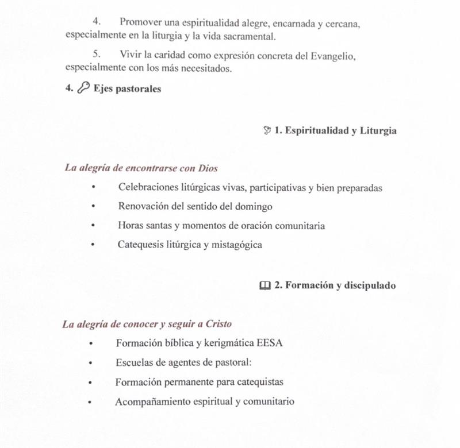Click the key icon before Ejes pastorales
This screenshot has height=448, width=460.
(x=83, y=90)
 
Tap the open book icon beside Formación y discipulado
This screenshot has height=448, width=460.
(x=264, y=285)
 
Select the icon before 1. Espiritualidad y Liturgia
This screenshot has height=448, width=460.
(x=267, y=131)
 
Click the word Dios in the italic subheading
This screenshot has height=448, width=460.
(x=208, y=168)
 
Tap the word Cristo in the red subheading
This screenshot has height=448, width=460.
(x=218, y=324)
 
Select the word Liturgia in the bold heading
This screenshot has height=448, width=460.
(x=378, y=131)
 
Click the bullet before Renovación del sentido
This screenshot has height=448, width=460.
(x=92, y=207)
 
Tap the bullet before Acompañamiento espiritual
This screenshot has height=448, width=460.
(x=90, y=402)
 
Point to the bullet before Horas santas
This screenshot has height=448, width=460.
(x=92, y=226)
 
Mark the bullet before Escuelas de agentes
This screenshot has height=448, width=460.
(x=90, y=363)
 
